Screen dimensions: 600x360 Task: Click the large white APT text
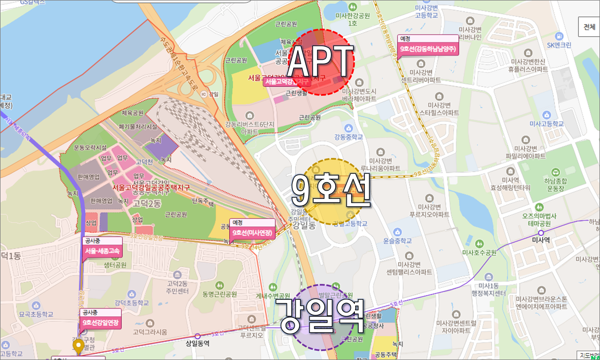pos(320,61)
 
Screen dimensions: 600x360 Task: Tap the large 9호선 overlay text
pos(331,190)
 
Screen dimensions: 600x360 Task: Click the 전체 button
pos(589,27)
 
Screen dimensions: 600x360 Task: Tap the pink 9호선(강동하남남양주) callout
pos(428,49)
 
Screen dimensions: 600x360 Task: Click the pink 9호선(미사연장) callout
pos(252,233)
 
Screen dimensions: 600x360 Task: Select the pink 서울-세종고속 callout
pos(102,251)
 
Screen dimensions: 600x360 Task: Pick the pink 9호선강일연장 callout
pos(100,322)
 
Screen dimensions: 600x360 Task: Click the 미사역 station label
pos(541,240)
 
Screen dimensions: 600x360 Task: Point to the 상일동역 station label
pos(198,343)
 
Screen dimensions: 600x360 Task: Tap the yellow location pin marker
pos(78,346)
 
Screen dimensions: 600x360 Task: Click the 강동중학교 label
pos(348,137)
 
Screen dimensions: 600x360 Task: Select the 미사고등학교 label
pos(546,124)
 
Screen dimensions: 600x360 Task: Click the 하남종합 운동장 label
pos(555,185)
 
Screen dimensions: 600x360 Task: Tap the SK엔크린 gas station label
pos(559,45)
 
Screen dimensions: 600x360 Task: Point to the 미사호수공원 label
pos(479,252)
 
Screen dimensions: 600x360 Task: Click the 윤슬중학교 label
pos(397,240)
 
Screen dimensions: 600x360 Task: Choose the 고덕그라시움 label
pos(150,331)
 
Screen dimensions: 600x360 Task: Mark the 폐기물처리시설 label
pos(138,127)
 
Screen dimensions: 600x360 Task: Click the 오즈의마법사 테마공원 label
pos(539,220)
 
